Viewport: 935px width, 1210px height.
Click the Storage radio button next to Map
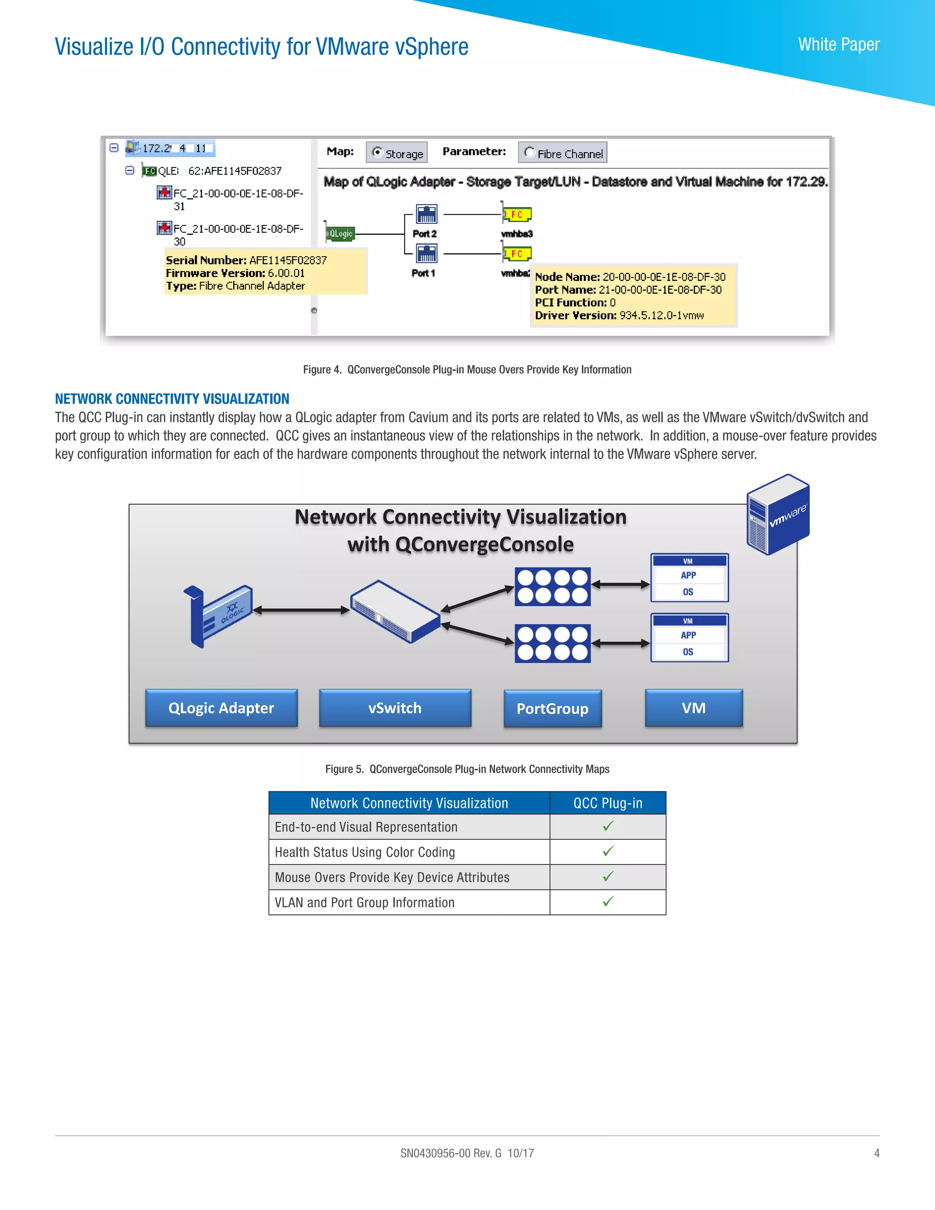point(378,153)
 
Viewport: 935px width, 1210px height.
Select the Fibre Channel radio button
point(530,153)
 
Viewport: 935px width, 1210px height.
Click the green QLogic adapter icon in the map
point(340,234)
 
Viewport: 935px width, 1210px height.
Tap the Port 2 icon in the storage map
point(426,214)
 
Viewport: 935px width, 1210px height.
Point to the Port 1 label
point(423,273)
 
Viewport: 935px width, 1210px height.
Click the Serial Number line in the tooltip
point(246,260)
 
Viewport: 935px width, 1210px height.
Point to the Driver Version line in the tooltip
point(619,315)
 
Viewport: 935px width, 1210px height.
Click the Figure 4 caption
point(467,369)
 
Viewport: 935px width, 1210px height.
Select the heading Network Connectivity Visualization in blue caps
point(172,399)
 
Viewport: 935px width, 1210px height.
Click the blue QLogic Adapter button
point(221,708)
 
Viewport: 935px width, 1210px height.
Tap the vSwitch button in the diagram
point(395,708)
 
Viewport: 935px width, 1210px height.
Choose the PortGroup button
point(552,709)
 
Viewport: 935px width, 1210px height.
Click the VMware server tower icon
point(777,515)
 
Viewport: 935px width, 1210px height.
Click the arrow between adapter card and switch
point(301,610)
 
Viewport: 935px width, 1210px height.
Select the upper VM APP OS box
point(689,578)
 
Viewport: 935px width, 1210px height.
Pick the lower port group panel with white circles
point(552,644)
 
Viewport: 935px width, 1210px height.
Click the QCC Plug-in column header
point(608,803)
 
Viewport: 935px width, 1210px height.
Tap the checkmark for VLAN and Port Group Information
point(608,902)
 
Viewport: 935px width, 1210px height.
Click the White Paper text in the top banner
point(838,44)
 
